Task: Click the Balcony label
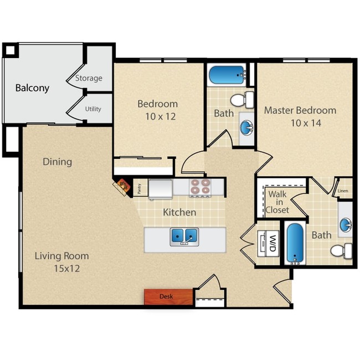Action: pyautogui.click(x=32, y=88)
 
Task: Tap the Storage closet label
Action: pyautogui.click(x=89, y=78)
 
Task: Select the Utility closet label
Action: pyautogui.click(x=93, y=109)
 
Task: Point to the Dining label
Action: pyautogui.click(x=58, y=162)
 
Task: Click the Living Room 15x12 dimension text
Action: pyautogui.click(x=61, y=269)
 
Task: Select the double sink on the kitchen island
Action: pyautogui.click(x=184, y=236)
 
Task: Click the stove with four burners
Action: pyautogui.click(x=200, y=187)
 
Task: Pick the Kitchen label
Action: pyautogui.click(x=179, y=212)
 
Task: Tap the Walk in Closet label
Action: pyautogui.click(x=277, y=202)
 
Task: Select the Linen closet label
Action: pyautogui.click(x=344, y=191)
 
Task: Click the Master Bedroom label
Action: pyautogui.click(x=300, y=110)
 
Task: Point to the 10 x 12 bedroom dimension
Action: pyautogui.click(x=157, y=116)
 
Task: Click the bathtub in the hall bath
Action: pyautogui.click(x=227, y=74)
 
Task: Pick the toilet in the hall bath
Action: pyautogui.click(x=241, y=100)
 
